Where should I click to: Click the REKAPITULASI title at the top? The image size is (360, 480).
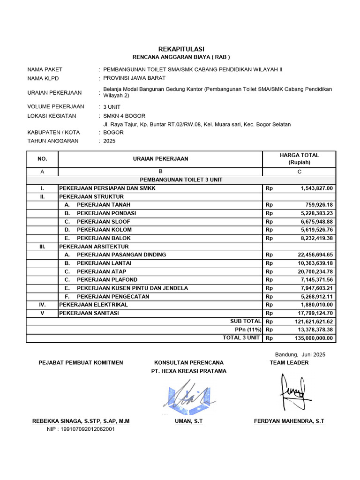pyautogui.click(x=181, y=49)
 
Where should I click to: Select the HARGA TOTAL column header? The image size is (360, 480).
pyautogui.click(x=299, y=158)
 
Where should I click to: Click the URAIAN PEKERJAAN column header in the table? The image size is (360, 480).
pyautogui.click(x=159, y=158)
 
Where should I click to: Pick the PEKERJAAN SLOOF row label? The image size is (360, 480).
pyautogui.click(x=104, y=222)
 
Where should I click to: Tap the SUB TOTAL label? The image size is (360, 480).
pyautogui.click(x=245, y=322)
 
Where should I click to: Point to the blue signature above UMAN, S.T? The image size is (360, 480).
pyautogui.click(x=188, y=395)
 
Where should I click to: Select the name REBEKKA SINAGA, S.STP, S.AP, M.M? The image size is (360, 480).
pyautogui.click(x=80, y=421)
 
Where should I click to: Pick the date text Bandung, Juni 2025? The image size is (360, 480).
pyautogui.click(x=300, y=354)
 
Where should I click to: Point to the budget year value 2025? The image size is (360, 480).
pyautogui.click(x=109, y=141)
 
